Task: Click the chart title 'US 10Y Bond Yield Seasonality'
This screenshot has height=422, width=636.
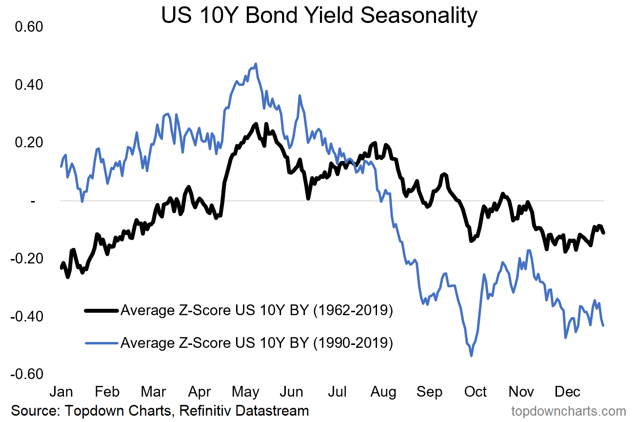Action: pyautogui.click(x=319, y=16)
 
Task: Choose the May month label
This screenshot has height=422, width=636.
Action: pyautogui.click(x=245, y=392)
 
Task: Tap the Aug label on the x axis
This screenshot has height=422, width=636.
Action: pyautogui.click(x=383, y=392)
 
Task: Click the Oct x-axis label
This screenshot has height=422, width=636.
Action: pyautogui.click(x=475, y=392)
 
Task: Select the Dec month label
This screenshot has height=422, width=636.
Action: pyautogui.click(x=567, y=392)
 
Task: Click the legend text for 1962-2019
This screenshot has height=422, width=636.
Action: pyautogui.click(x=257, y=310)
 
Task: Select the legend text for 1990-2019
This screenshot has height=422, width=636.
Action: pyautogui.click(x=257, y=343)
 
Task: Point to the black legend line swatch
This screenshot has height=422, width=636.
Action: pyautogui.click(x=101, y=310)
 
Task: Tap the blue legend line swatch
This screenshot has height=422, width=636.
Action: pyautogui.click(x=101, y=343)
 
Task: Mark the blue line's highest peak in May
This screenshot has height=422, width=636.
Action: pyautogui.click(x=256, y=63)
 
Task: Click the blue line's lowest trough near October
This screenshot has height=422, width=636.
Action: pyautogui.click(x=471, y=356)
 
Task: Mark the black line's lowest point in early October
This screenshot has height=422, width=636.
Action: pyautogui.click(x=471, y=241)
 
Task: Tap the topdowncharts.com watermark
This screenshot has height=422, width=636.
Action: pyautogui.click(x=568, y=411)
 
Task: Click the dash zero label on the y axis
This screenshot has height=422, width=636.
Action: pyautogui.click(x=33, y=201)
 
